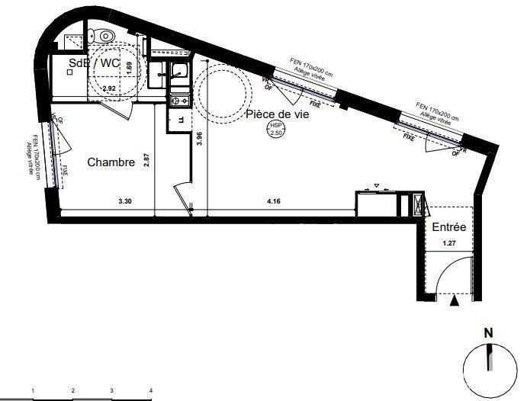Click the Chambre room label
111,162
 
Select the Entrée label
449,227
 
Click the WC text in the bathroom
110,63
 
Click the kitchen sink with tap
180,73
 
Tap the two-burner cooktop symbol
180,99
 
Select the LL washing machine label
181,120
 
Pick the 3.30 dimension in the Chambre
125,202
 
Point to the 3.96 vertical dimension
199,138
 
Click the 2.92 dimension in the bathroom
109,89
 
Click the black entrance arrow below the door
456,303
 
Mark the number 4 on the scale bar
152,390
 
